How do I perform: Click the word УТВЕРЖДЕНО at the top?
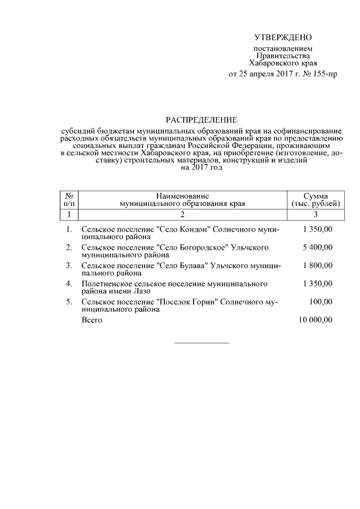[x=282, y=38]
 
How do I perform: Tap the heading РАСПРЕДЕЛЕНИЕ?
[x=202, y=120]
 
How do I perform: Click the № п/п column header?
[x=69, y=199]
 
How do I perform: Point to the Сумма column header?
[x=316, y=199]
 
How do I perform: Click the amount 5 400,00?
[x=317, y=247]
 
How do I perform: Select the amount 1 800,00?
[x=317, y=265]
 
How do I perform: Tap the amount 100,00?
[x=321, y=302]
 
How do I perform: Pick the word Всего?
[x=92, y=320]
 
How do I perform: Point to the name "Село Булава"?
[x=186, y=265]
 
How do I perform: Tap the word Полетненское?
[x=109, y=283]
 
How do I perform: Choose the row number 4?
[x=69, y=283]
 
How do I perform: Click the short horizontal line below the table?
[x=202, y=343]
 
